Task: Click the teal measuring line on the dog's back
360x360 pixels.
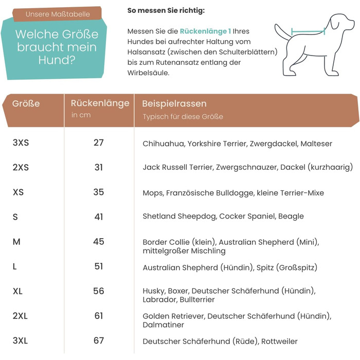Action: [x=308, y=31]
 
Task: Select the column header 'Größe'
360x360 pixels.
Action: [x=26, y=103]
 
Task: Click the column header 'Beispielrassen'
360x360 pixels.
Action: [x=174, y=103]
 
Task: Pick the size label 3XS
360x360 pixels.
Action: [x=21, y=142]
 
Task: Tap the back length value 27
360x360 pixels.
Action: [x=99, y=142]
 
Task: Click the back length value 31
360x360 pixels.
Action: [x=99, y=167]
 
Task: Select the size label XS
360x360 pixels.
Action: [x=18, y=192]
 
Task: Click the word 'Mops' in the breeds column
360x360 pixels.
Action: [x=153, y=193]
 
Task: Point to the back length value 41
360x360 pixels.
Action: [x=99, y=217]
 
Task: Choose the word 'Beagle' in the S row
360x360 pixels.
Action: [x=291, y=217]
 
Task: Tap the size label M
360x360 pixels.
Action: [x=16, y=241]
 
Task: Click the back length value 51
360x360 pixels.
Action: [x=99, y=266]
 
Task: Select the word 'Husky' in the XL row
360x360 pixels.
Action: [x=153, y=291]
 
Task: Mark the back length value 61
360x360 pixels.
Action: [x=99, y=315]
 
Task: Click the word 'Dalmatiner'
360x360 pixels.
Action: [x=163, y=325]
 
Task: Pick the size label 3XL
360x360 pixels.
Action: [x=20, y=340]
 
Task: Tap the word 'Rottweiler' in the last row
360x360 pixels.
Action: [x=279, y=341]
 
